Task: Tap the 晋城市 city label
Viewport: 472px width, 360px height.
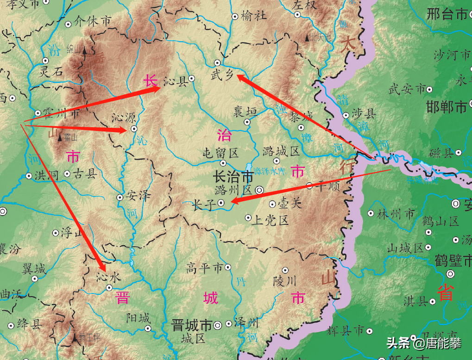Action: (x=192, y=325)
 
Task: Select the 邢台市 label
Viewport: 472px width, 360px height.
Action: (x=447, y=14)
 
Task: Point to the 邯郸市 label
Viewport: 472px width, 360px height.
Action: (x=447, y=108)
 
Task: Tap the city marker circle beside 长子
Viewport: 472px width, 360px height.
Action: (x=221, y=202)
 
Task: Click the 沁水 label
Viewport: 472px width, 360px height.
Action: (x=108, y=277)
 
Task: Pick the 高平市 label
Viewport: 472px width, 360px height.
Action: (x=204, y=267)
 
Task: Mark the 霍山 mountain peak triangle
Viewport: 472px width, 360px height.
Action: (x=60, y=137)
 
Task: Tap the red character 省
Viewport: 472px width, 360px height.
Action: (x=445, y=293)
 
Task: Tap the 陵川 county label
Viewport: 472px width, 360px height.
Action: (x=284, y=280)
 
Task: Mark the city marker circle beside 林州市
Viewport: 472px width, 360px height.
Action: (x=371, y=214)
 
